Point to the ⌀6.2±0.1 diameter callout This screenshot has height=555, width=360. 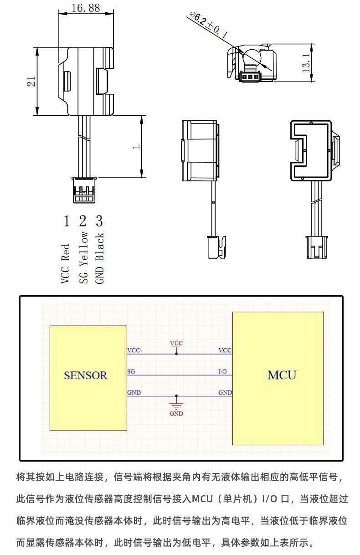click(x=208, y=26)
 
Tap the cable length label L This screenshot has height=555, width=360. click(x=136, y=147)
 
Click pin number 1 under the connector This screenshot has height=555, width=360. click(x=67, y=221)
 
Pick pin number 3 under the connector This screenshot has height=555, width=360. click(x=99, y=221)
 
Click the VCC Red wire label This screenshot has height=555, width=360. click(x=66, y=264)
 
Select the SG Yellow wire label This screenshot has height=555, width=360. click(x=83, y=257)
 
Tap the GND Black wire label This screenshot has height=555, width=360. click(x=100, y=258)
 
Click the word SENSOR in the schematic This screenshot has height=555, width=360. click(x=86, y=375)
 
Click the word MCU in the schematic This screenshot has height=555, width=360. click(x=282, y=375)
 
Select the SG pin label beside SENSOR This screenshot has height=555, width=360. click(x=131, y=372)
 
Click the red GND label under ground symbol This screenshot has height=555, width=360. click(x=176, y=414)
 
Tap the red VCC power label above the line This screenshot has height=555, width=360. click(x=176, y=343)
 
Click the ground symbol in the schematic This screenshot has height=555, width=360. click(x=176, y=404)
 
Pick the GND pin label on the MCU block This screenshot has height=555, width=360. click(x=225, y=392)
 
